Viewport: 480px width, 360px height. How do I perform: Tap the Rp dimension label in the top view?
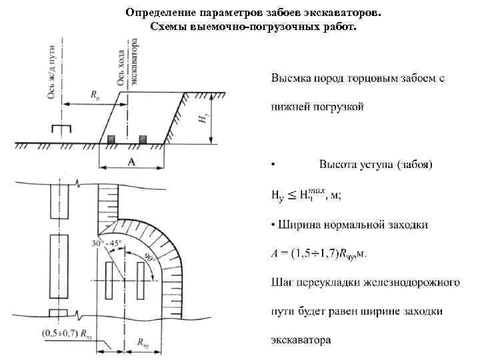pos(95,95)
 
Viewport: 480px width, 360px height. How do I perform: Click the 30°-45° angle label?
pos(106,243)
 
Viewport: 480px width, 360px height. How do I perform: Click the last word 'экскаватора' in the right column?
pos(301,340)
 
